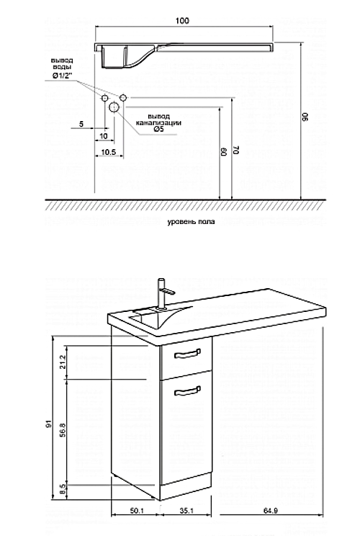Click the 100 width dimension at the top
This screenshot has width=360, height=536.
tap(182, 21)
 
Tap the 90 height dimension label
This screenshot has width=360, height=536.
tap(305, 117)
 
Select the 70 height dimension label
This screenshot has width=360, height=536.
tap(236, 149)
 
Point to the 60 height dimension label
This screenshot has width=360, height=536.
tap(224, 152)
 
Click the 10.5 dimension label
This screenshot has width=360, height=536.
tap(109, 152)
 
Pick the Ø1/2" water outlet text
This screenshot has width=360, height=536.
tap(61, 76)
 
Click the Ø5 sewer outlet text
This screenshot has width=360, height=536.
tap(159, 129)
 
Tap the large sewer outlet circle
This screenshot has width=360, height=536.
tap(114, 107)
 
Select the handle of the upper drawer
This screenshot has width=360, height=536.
tap(187, 354)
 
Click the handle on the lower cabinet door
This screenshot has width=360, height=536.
tap(187, 390)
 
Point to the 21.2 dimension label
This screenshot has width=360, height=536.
tap(63, 362)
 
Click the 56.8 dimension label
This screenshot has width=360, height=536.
tap(63, 430)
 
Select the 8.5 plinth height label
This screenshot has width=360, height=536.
tap(63, 490)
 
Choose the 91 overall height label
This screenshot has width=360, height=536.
tap(49, 424)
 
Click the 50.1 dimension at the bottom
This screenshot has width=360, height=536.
tap(137, 511)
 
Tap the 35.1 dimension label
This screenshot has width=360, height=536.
tap(186, 511)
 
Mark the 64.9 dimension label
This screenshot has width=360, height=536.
tap(271, 511)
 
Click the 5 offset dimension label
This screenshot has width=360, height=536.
tap(81, 124)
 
